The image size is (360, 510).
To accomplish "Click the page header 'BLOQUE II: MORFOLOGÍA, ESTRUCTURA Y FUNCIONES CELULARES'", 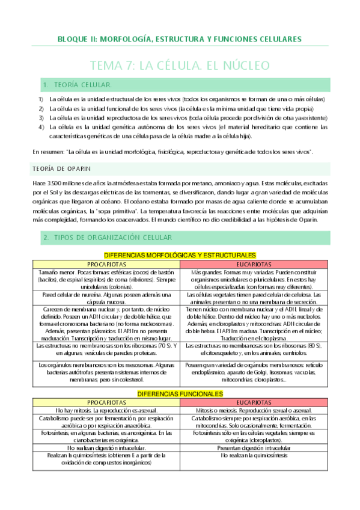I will [180, 39].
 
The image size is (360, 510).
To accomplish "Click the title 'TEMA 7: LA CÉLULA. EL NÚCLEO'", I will [180, 64].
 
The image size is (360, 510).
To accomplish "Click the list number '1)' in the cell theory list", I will [41, 99].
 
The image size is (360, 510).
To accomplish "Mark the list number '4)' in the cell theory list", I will [41, 127].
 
